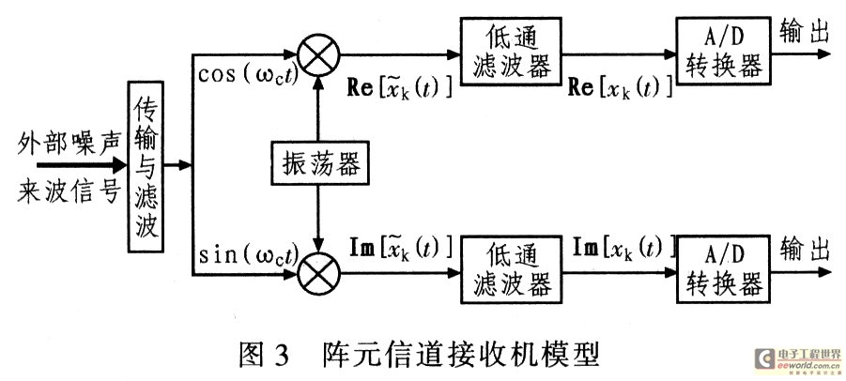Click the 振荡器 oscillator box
tap(318, 164)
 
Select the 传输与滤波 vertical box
tap(146, 166)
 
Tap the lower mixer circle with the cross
tap(319, 274)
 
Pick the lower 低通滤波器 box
tap(509, 275)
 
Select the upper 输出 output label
tap(805, 31)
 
